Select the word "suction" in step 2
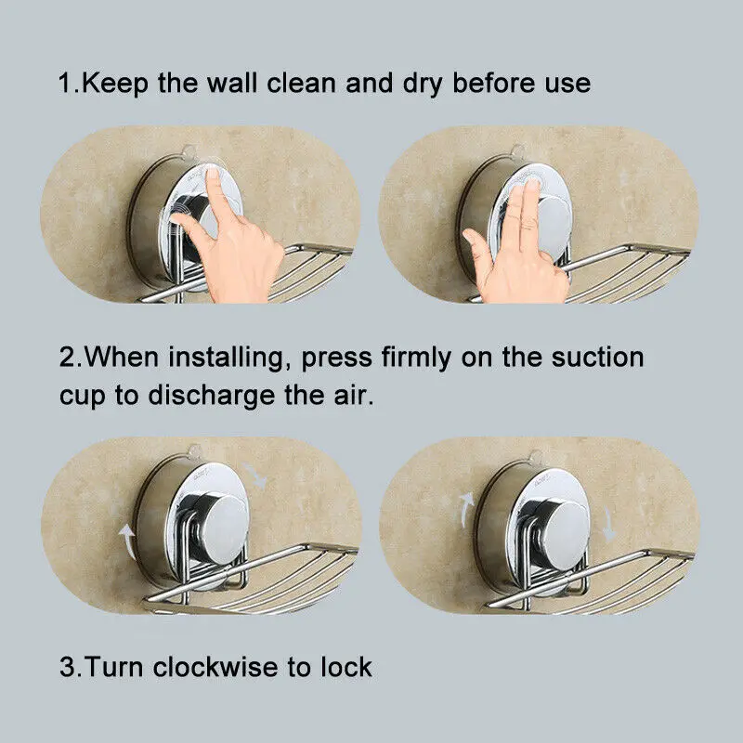coord(596,357)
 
